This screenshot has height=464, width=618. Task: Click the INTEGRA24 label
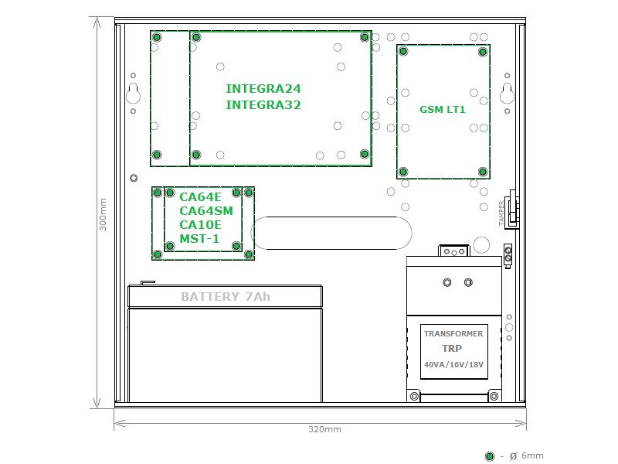tap(263, 88)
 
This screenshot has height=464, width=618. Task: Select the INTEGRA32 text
tap(263, 105)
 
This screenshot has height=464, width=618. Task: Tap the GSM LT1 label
tap(442, 109)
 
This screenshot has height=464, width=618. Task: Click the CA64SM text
tap(205, 210)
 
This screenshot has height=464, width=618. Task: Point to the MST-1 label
tap(199, 238)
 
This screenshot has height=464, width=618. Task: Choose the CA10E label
tap(200, 224)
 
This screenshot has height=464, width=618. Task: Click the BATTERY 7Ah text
tap(226, 296)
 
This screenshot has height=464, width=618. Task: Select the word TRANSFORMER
tap(453, 333)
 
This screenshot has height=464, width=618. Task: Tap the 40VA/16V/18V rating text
tap(453, 364)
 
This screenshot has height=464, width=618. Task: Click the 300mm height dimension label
tap(103, 214)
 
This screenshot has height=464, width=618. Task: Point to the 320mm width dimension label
tap(324, 429)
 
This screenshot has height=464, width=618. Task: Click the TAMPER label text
tap(501, 213)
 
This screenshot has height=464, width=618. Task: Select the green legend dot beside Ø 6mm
tap(490, 456)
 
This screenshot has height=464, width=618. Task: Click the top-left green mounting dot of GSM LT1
tap(403, 51)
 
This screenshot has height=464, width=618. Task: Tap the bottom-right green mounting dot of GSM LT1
tap(483, 172)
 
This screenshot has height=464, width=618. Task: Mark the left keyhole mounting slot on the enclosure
tap(133, 94)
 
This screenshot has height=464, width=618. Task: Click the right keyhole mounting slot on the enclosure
tap(508, 94)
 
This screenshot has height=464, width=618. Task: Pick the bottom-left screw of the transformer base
tap(414, 396)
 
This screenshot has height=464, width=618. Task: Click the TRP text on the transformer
tap(452, 349)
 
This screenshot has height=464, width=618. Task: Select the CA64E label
tap(200, 197)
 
